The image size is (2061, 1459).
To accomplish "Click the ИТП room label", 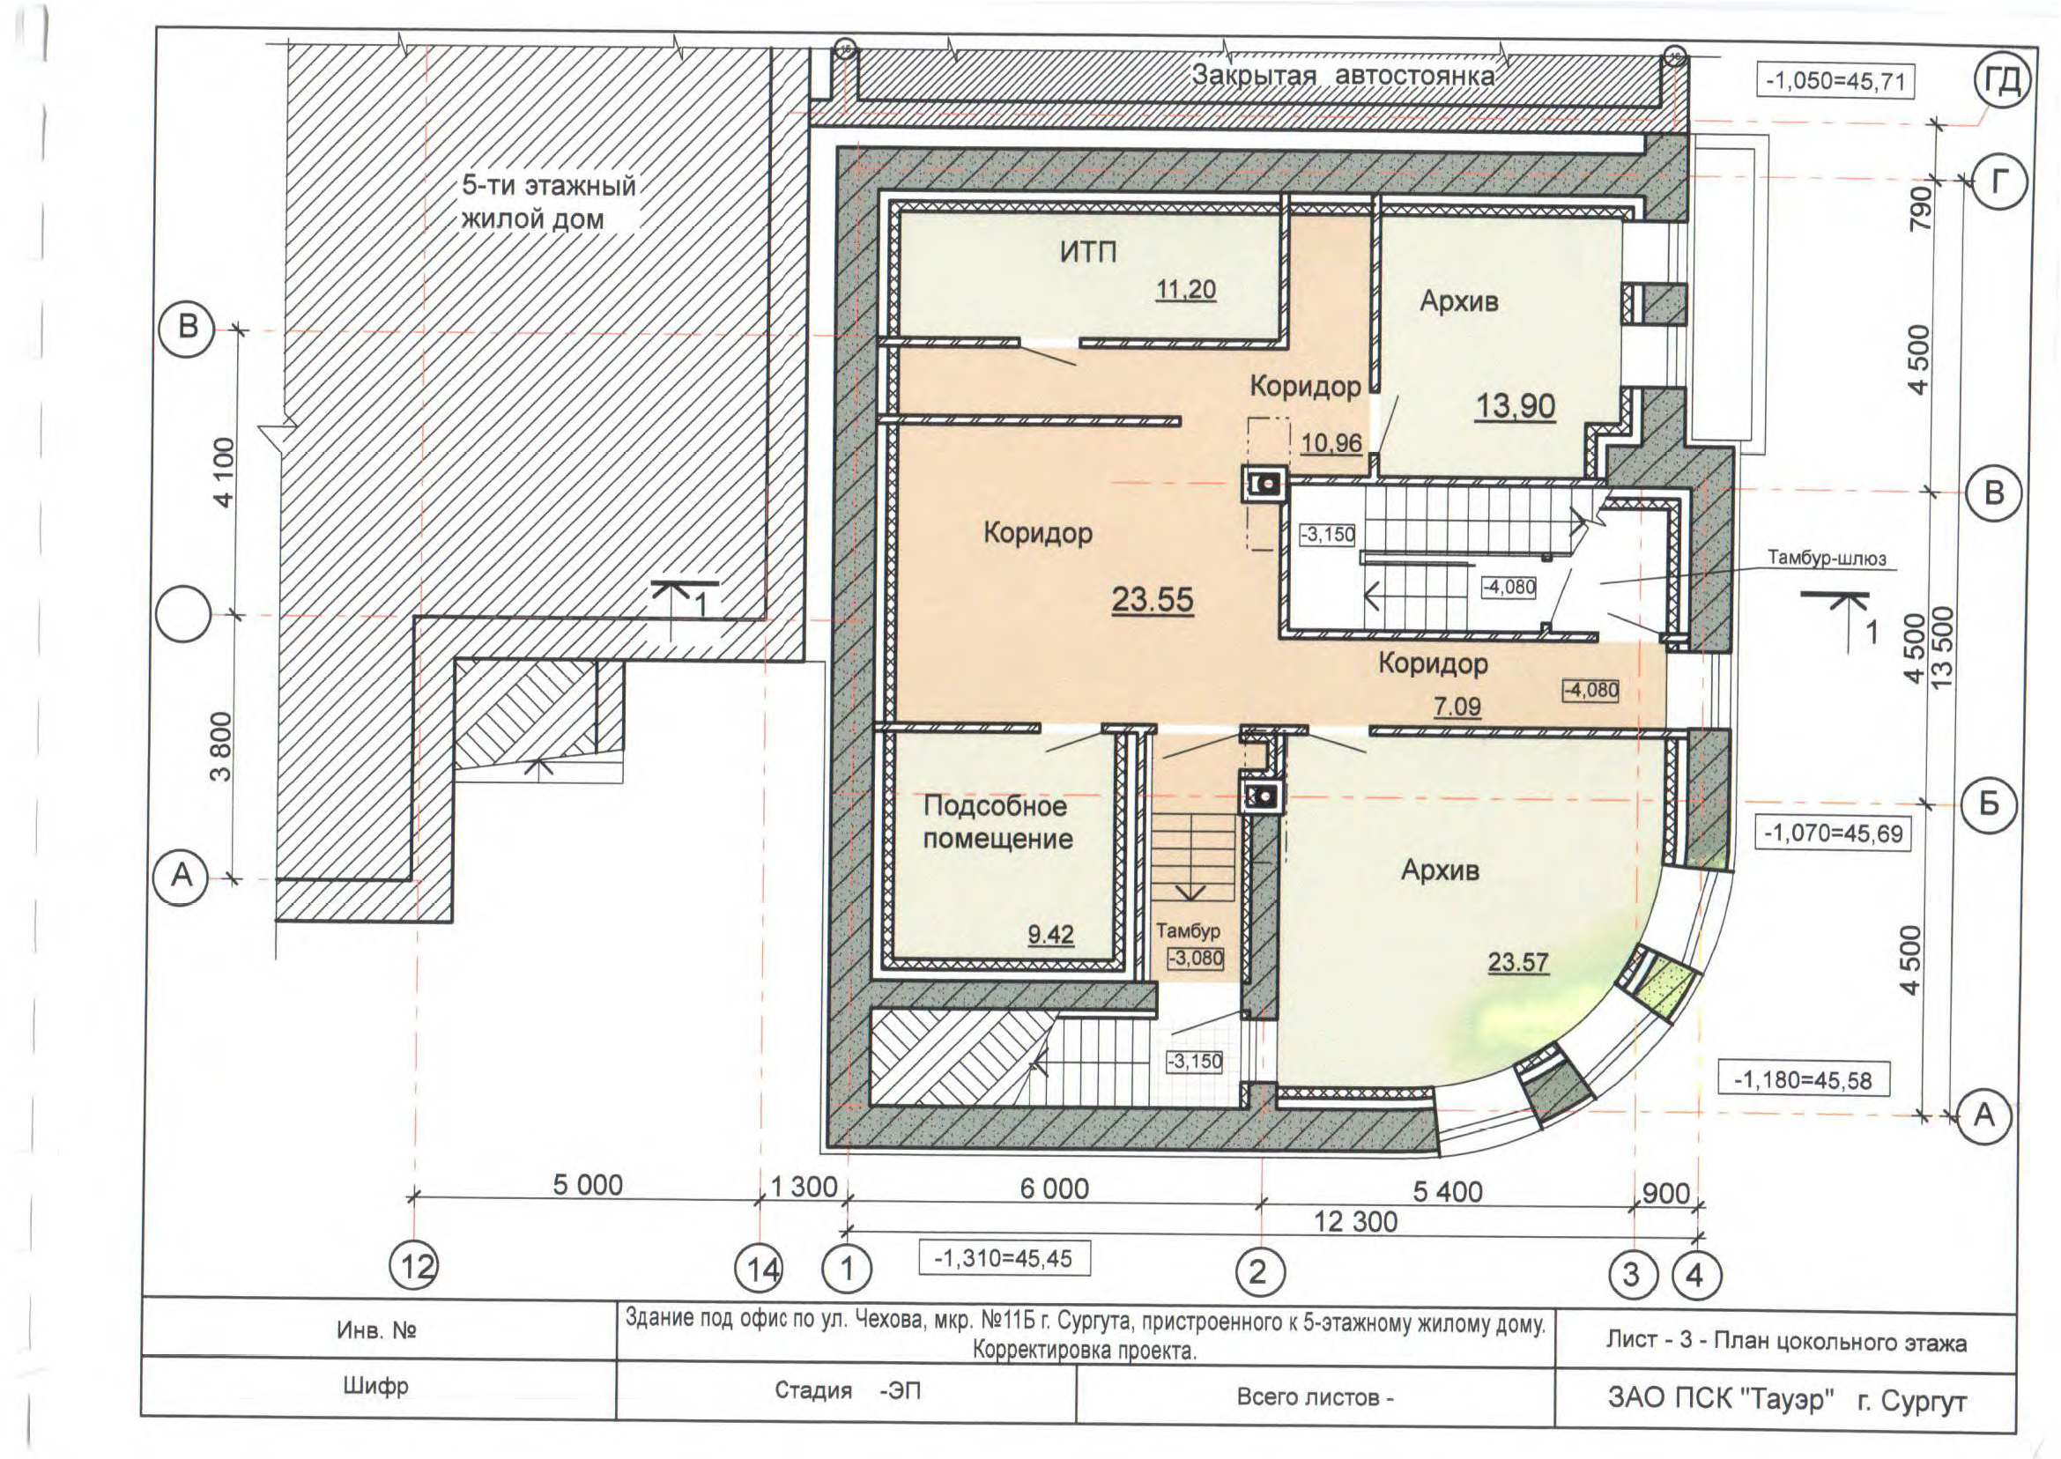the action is tap(1088, 253).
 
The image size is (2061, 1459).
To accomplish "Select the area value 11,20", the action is tap(1186, 289).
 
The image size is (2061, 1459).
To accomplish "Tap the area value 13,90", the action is tap(1516, 406).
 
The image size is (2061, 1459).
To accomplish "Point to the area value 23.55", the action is tap(1153, 598).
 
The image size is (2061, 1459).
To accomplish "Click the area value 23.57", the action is tap(1518, 962).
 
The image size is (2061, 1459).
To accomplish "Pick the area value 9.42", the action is tap(1051, 934).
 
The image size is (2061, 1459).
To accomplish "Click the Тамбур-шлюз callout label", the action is tap(1827, 558).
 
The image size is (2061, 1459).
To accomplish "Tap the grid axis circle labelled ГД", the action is tap(2003, 81).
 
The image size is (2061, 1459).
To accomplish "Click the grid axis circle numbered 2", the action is tap(1257, 1271).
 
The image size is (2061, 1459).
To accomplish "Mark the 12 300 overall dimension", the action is tap(1356, 1222).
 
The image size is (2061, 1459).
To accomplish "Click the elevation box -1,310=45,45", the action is tap(1004, 1259).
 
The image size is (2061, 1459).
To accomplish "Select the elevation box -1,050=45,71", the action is tap(1835, 81).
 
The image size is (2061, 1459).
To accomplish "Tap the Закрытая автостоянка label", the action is tap(1343, 76).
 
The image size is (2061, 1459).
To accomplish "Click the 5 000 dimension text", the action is tap(588, 1185).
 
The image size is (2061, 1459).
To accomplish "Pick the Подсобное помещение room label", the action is tap(997, 822).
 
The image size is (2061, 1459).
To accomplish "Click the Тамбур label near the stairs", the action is tap(1188, 931).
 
